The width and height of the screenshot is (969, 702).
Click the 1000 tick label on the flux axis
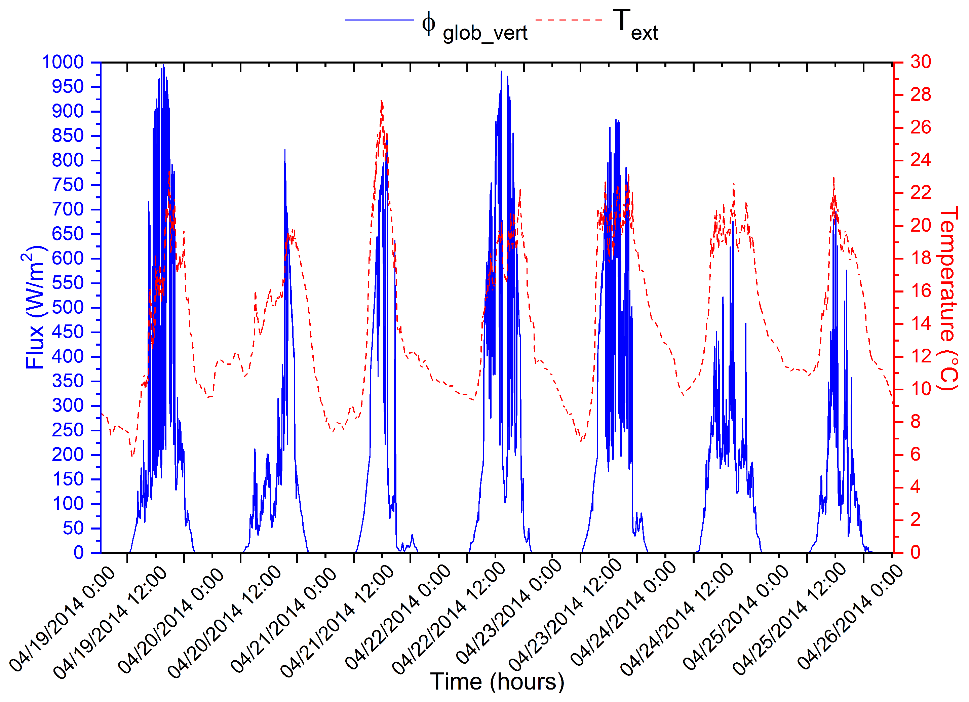click(x=63, y=63)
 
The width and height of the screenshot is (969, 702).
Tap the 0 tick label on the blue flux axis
click(x=79, y=553)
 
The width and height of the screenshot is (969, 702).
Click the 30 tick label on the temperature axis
click(x=921, y=63)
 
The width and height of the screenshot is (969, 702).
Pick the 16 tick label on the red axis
click(x=921, y=291)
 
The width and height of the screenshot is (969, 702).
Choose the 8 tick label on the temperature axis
click(x=916, y=422)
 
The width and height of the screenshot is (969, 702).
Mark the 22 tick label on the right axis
click(x=921, y=193)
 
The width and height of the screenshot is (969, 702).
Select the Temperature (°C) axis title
click(x=947, y=299)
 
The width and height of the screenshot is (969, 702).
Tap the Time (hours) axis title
click(x=497, y=681)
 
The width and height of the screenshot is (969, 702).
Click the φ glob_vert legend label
click(x=474, y=27)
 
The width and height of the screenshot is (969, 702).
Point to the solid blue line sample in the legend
click(x=379, y=19)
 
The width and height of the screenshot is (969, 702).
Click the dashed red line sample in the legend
click(x=569, y=19)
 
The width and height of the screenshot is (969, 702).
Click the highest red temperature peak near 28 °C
click(x=382, y=101)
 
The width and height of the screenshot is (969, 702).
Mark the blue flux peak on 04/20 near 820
click(x=285, y=150)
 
